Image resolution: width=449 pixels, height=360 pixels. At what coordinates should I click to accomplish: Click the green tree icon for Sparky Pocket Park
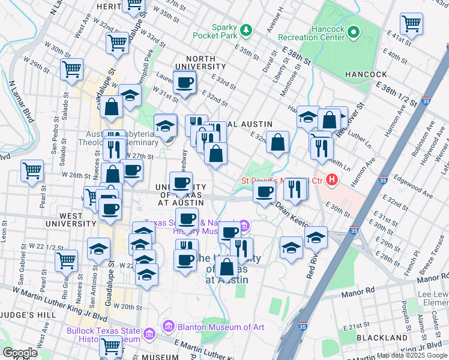(x=245, y=29)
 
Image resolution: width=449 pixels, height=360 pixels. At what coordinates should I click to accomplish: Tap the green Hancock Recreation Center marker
(x=354, y=31)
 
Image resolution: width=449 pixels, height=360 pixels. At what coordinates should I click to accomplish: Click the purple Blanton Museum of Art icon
(x=168, y=327)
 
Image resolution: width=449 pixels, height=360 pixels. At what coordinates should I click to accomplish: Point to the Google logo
(x=20, y=352)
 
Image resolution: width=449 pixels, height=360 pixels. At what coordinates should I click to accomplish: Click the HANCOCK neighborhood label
(x=366, y=74)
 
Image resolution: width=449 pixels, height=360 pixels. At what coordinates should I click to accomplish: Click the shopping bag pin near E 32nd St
(x=277, y=143)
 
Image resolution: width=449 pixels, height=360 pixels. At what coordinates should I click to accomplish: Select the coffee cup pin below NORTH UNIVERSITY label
(x=184, y=82)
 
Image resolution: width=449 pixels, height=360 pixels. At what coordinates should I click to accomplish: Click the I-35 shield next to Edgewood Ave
(x=382, y=179)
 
